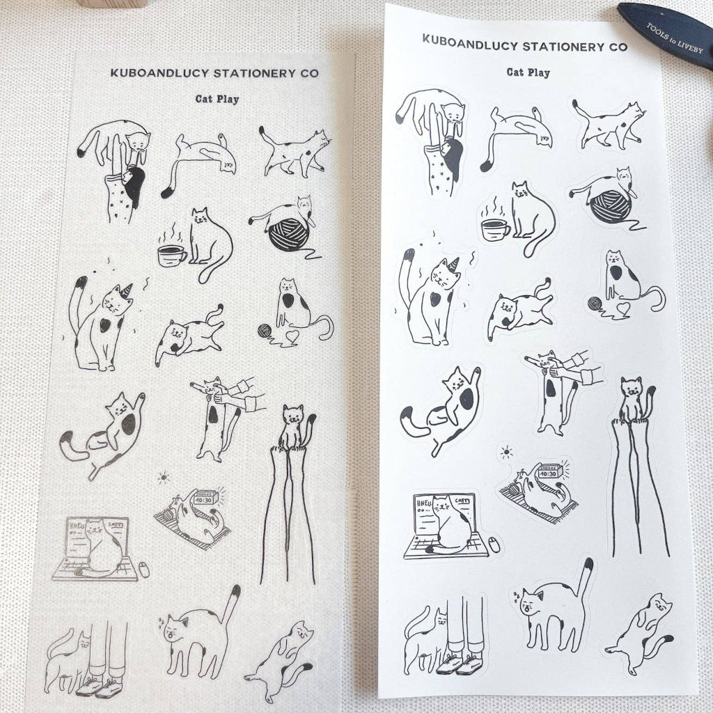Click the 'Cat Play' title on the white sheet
click(x=528, y=72)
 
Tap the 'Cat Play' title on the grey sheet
click(x=217, y=99)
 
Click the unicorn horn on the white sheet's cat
click(x=455, y=263)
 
